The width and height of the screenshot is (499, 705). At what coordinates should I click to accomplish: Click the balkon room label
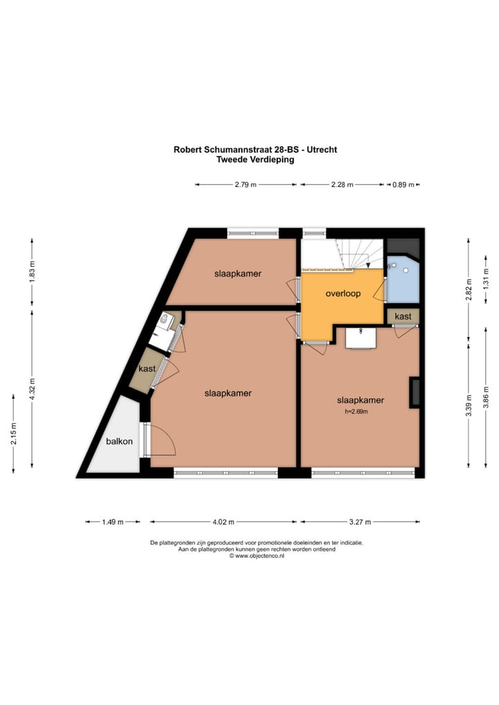[x=119, y=441]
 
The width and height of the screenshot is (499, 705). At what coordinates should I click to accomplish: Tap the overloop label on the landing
[x=343, y=294]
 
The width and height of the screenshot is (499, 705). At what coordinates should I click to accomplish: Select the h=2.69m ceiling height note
[x=356, y=411]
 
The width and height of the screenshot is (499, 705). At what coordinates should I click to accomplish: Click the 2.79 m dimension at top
[x=245, y=185]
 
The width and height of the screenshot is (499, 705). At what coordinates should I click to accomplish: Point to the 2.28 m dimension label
[x=342, y=185]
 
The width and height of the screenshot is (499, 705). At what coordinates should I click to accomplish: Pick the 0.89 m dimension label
[x=403, y=185]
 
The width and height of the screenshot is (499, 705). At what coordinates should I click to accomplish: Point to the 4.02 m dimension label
[x=224, y=521]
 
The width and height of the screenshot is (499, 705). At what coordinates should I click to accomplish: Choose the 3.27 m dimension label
[x=359, y=521]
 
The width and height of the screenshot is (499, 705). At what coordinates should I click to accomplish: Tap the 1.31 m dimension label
[x=487, y=278]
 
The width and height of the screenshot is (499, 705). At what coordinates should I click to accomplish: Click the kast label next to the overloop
[x=403, y=316]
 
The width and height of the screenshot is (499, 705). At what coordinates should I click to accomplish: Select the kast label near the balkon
[x=147, y=369]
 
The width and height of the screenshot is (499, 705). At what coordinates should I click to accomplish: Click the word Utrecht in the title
[x=324, y=150]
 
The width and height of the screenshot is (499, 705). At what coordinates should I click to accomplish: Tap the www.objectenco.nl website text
[x=260, y=555]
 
